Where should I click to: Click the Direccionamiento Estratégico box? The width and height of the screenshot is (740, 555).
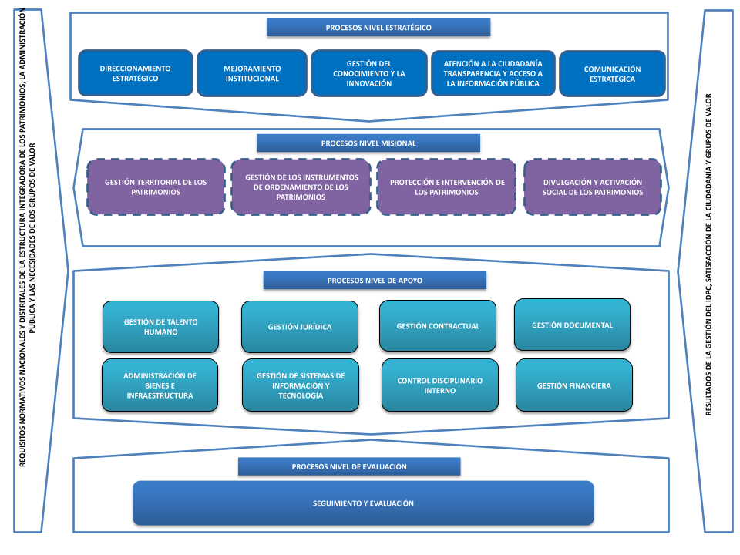point(135,73)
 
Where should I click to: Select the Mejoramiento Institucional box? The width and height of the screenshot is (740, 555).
point(252,73)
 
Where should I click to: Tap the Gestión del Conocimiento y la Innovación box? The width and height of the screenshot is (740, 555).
point(368,73)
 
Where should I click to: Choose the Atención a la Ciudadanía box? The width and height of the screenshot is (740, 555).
point(493,73)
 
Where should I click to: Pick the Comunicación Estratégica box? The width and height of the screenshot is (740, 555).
point(612,73)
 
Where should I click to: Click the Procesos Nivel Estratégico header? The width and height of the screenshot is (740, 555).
point(378,28)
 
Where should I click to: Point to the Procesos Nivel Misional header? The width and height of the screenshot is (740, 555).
point(368,143)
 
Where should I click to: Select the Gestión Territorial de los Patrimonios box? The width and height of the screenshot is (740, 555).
point(156,187)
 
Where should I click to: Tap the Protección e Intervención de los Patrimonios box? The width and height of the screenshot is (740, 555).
point(447,187)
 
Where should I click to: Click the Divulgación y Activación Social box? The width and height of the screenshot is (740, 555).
point(592,187)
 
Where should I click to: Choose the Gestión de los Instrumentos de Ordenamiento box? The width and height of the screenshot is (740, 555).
point(301,187)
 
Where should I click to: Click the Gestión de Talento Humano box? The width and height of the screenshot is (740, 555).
point(160,327)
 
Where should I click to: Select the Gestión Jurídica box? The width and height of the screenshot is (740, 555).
point(300,327)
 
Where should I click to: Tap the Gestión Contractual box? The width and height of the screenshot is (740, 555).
point(438,326)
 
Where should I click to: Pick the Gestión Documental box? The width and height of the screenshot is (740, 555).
point(572,325)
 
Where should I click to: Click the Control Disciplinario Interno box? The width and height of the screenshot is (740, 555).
point(439,385)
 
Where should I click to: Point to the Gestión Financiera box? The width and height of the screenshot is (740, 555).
point(573,385)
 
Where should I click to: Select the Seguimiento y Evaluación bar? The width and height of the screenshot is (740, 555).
point(363,503)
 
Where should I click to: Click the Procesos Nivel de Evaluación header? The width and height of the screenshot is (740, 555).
point(349,466)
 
